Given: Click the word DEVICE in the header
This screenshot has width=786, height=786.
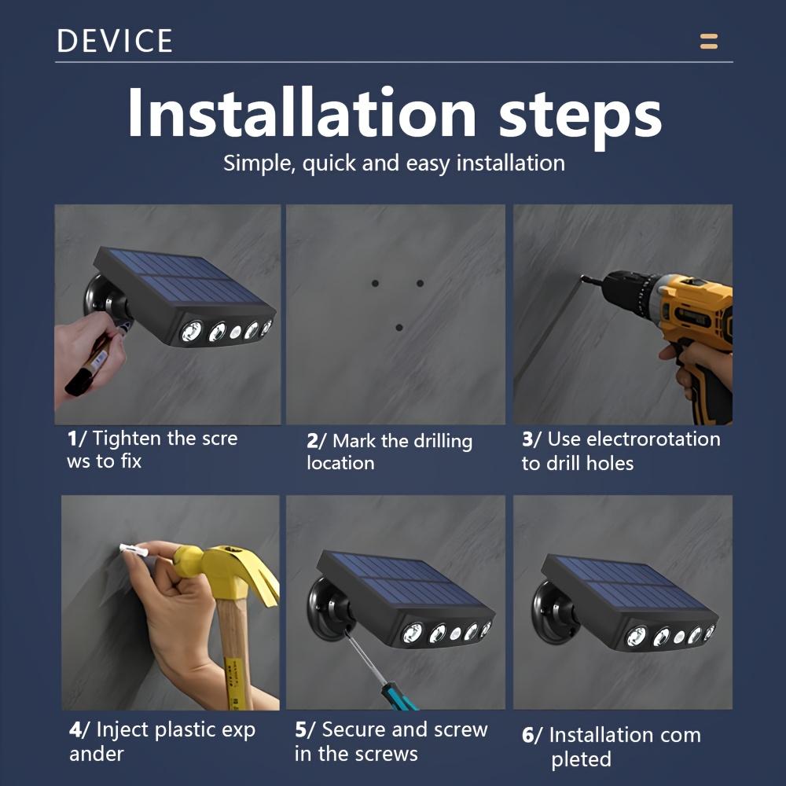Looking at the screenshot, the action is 115,41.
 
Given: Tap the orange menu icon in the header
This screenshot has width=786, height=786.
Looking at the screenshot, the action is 709,41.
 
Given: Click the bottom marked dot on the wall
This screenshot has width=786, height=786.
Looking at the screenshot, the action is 399,327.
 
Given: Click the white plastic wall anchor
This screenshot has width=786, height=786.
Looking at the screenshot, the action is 134,550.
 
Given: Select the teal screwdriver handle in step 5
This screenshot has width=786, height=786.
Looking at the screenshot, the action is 399,696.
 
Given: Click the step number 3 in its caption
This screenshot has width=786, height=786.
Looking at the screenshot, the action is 527,439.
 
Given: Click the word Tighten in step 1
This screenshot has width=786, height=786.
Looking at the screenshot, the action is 127,439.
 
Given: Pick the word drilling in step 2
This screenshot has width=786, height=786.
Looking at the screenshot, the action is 441,442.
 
